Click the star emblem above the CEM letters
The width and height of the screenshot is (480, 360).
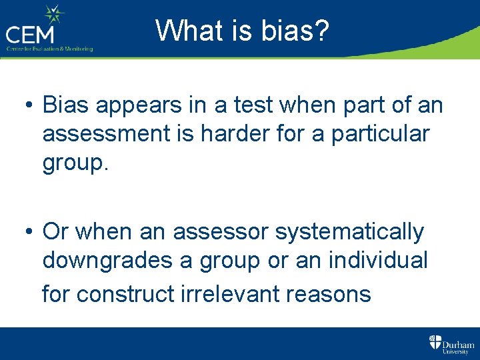pyautogui.click(x=53, y=14)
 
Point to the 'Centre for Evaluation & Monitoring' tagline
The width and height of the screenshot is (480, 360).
pyautogui.click(x=49, y=49)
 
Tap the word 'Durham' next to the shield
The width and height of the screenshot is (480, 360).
pyautogui.click(x=457, y=339)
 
